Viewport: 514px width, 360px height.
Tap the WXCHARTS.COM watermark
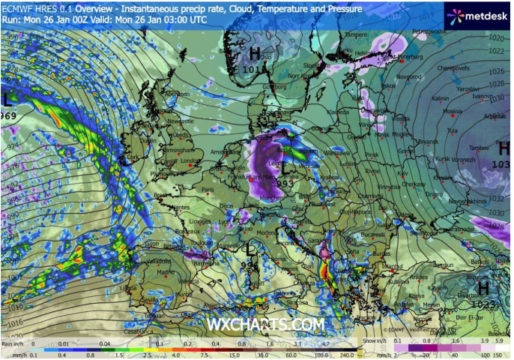[266, 324]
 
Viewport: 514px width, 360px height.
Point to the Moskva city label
[452, 112]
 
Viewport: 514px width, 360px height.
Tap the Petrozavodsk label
[429, 31]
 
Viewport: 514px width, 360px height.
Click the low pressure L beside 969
[7, 99]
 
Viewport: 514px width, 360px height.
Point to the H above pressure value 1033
[504, 148]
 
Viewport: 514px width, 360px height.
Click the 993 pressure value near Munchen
[285, 182]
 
